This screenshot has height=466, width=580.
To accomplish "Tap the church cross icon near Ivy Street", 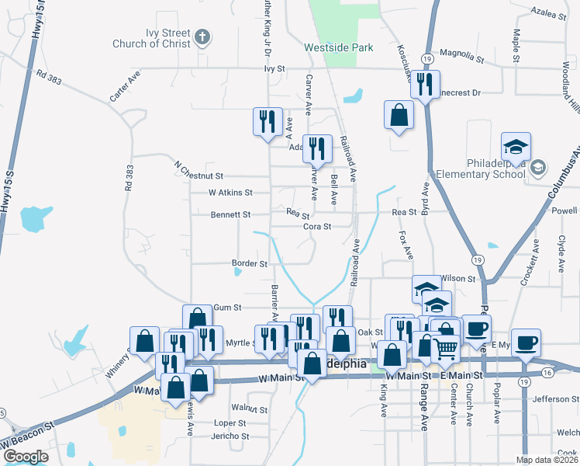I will (202, 37).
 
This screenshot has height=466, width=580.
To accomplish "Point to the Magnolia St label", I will (461, 58).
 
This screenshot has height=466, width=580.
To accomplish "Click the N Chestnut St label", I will (199, 176).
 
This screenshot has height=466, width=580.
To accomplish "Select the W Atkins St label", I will (230, 192).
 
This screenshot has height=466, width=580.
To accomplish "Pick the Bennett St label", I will (230, 214).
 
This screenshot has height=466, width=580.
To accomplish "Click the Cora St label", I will (317, 227).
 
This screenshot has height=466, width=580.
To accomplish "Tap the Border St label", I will (249, 263).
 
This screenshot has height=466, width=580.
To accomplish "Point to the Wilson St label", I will (457, 278).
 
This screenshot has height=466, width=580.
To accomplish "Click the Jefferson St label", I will (551, 399).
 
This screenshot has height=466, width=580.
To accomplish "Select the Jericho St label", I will (230, 436).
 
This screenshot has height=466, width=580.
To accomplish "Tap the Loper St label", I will (230, 423).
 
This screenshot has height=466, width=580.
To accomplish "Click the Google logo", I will (26, 457).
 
